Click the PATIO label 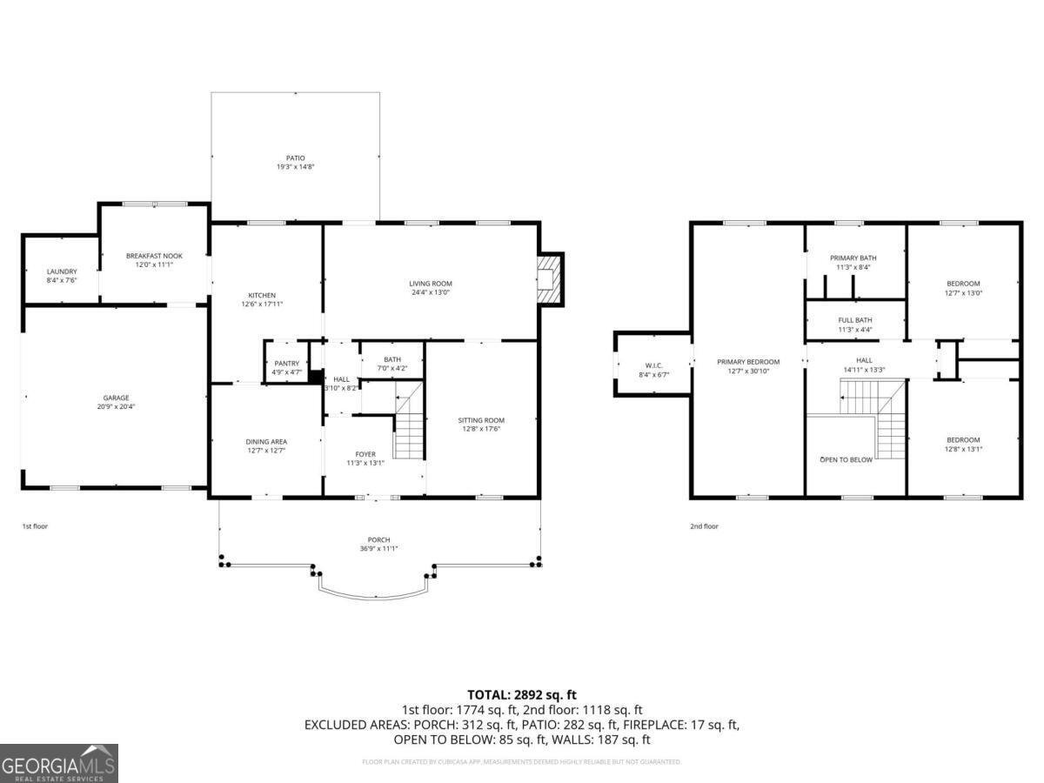coord(295,158)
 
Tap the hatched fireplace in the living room coord(549,278)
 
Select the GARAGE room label coord(117,398)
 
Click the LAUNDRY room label coord(62,271)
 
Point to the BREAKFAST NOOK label coord(154,256)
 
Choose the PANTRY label coord(286,363)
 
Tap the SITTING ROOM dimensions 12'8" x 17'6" coord(481,428)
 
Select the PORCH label coord(378,540)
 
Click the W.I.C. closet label coord(654,365)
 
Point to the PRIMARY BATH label coord(853,258)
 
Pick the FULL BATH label coord(854,320)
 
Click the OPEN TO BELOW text coord(846,459)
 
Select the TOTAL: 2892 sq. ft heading coord(521,694)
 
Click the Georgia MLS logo coord(59,763)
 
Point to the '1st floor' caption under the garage coord(36,526)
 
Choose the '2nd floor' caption coord(704,526)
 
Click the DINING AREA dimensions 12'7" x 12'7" coord(266,451)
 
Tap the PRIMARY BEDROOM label coord(748,362)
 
